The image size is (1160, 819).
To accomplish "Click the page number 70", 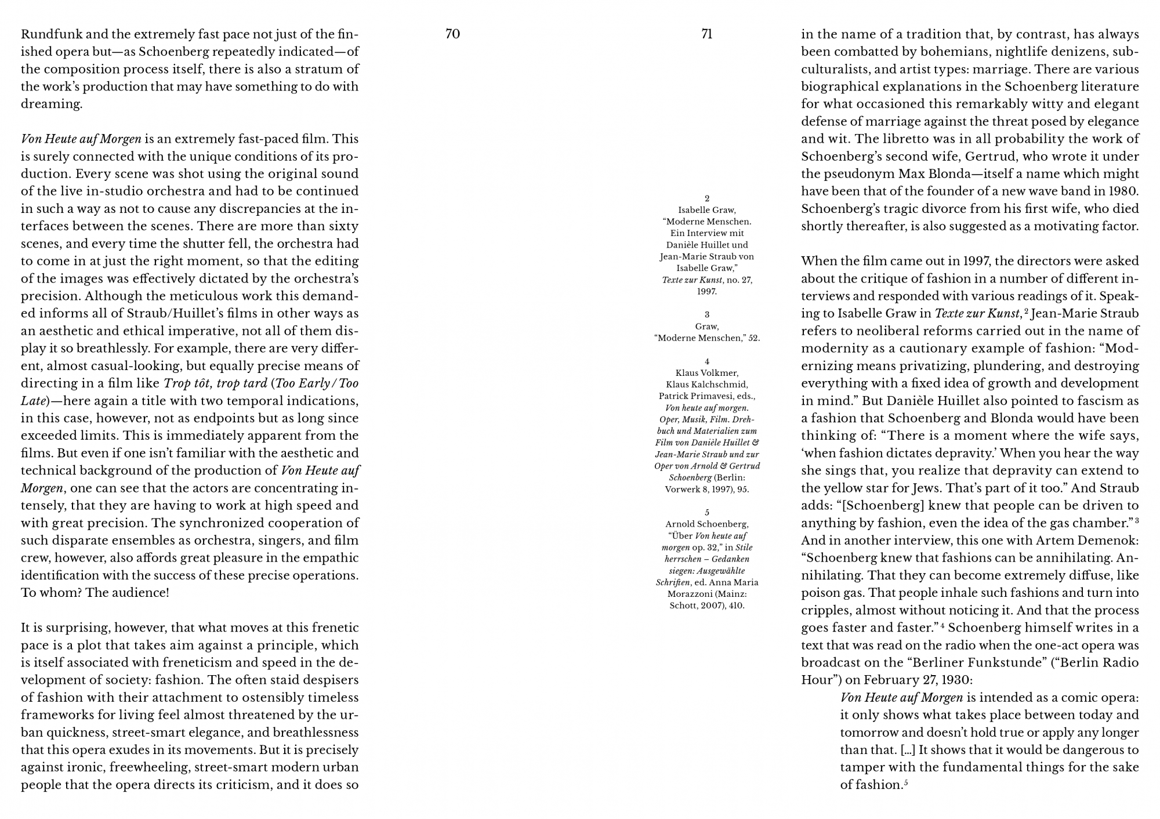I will pos(452,34).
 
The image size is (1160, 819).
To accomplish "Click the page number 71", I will pos(706,34).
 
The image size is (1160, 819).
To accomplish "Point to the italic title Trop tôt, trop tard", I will pos(215,383).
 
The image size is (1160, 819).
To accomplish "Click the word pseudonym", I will pos(867,174).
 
